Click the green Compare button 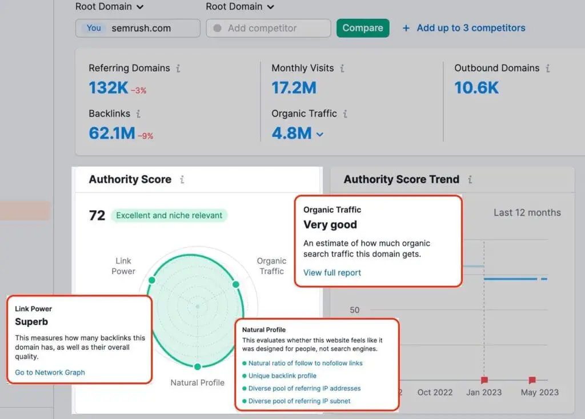tap(363, 28)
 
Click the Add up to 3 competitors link tap(464, 28)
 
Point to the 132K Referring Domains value tap(108, 87)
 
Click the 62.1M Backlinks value tap(112, 134)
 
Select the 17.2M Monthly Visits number tap(294, 87)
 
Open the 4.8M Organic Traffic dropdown tap(319, 134)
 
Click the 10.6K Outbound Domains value tap(476, 87)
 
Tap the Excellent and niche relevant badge tap(169, 215)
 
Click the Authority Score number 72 tap(97, 215)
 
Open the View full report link tap(332, 272)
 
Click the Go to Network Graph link tap(50, 372)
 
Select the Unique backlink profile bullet tap(282, 376)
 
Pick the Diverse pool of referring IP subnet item tap(299, 401)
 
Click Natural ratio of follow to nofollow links tap(305, 363)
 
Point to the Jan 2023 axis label tap(483, 392)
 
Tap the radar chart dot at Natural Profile tap(197, 366)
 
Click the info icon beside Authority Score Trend tap(470, 179)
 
